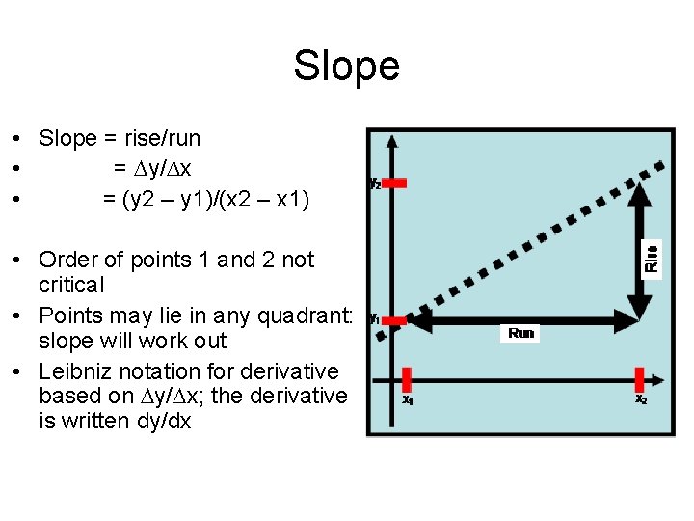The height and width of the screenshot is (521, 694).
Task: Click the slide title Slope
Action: pos(346,66)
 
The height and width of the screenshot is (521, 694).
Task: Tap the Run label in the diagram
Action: pos(520,333)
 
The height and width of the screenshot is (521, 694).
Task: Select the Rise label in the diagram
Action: pos(653,258)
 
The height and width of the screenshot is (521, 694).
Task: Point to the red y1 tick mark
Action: pos(393,320)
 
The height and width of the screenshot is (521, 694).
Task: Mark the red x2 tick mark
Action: pos(640,378)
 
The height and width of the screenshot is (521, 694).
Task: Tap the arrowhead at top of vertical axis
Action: pos(391,141)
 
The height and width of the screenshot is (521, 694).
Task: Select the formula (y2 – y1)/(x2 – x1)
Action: pos(206,200)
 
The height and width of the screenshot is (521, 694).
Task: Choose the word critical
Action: pos(70,285)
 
